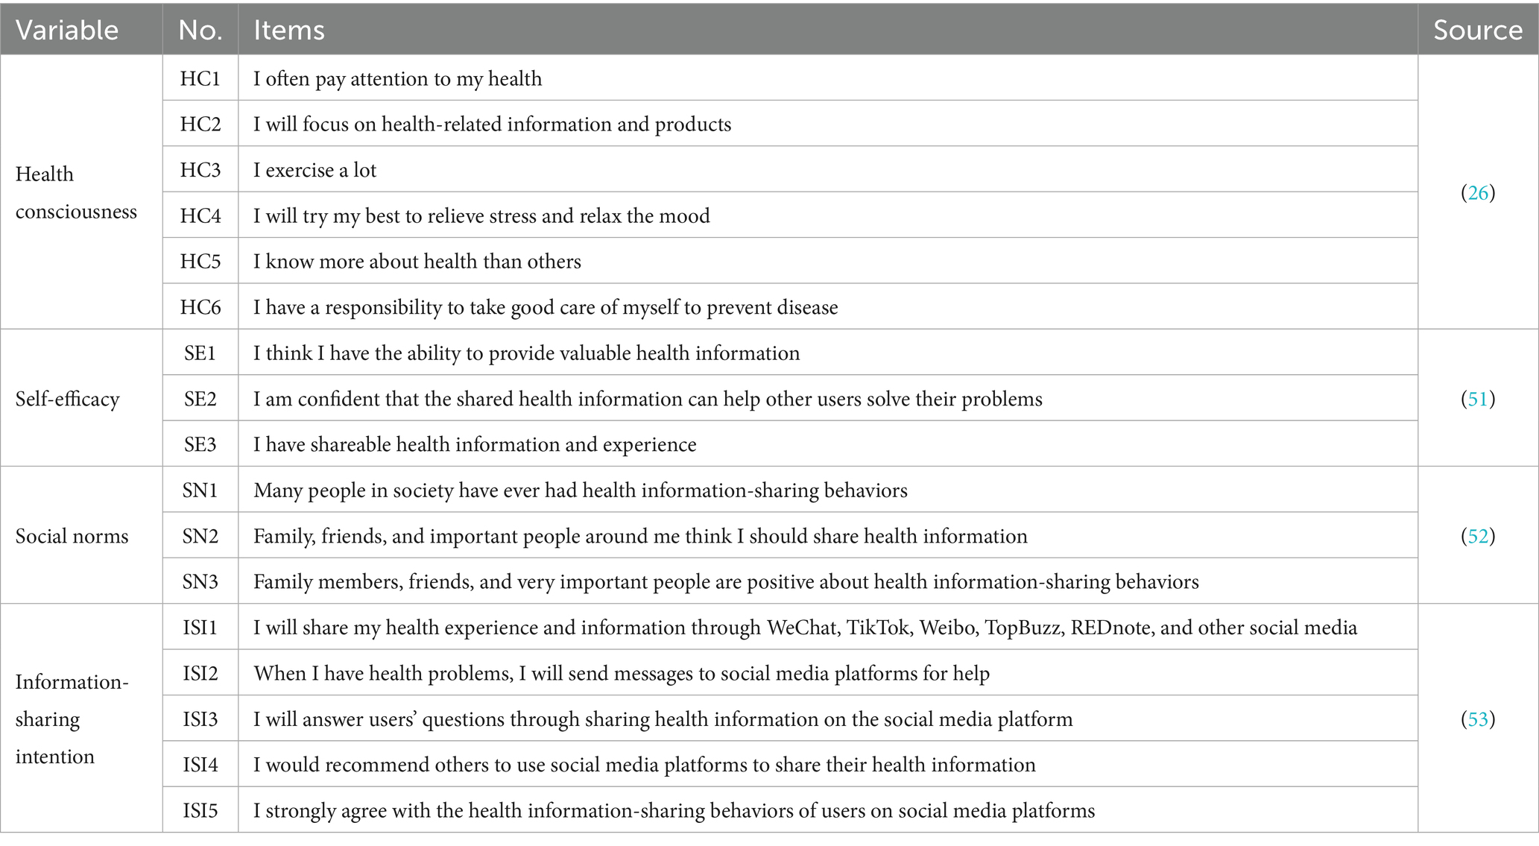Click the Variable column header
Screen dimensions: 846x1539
click(x=67, y=30)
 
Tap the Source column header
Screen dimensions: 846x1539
click(x=1477, y=30)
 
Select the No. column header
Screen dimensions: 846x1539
click(x=200, y=30)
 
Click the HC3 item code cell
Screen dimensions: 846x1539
click(x=200, y=170)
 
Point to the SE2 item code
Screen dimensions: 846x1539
click(x=200, y=399)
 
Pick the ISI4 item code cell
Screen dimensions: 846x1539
click(x=200, y=765)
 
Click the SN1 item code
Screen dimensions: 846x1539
click(x=200, y=490)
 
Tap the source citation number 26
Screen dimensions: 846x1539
click(x=1477, y=193)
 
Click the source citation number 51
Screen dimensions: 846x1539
click(x=1477, y=399)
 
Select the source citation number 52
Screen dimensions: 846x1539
click(x=1477, y=536)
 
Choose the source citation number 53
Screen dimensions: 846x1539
click(x=1477, y=719)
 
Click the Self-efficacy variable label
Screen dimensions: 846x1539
click(x=67, y=400)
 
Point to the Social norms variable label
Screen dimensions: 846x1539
click(x=72, y=536)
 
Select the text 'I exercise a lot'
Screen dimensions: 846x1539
click(x=315, y=171)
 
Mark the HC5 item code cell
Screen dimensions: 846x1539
click(x=200, y=262)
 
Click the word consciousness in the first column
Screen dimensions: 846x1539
click(x=76, y=212)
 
